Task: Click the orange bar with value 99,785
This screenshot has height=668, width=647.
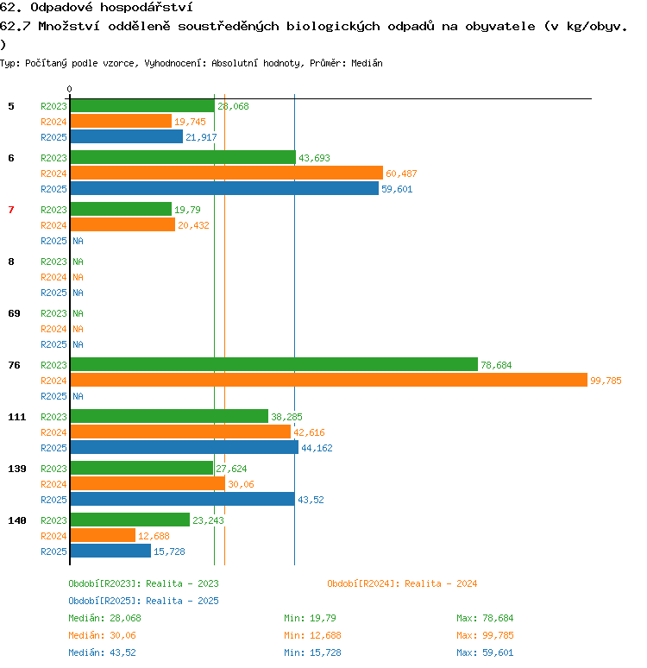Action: [329, 380]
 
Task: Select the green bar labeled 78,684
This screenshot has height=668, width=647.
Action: [274, 364]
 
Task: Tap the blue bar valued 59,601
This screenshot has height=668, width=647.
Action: [224, 188]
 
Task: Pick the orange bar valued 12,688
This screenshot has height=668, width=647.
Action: [103, 535]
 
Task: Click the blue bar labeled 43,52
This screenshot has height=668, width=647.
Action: [183, 499]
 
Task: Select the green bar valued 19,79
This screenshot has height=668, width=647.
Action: [121, 209]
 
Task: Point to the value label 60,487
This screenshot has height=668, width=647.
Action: [401, 173]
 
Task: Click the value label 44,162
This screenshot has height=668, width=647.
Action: [317, 448]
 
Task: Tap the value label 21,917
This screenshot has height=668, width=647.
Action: [201, 137]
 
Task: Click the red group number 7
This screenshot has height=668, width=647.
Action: [11, 210]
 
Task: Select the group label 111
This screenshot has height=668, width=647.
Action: [17, 417]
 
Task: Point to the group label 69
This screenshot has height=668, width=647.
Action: [14, 313]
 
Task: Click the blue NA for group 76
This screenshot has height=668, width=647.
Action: [78, 396]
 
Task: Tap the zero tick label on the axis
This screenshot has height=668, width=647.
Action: [69, 89]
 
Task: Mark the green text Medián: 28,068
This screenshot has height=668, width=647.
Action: [104, 618]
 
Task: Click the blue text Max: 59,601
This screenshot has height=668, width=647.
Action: [485, 652]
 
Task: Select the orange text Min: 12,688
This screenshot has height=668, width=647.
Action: [312, 635]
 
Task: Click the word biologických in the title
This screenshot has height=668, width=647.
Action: [333, 27]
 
